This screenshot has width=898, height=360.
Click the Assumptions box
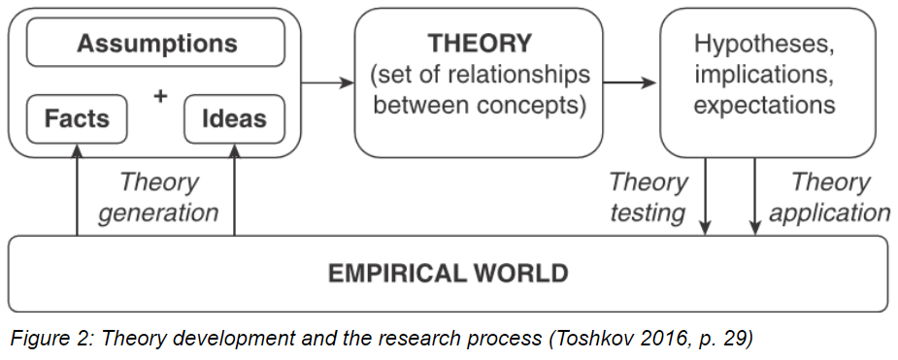click(x=155, y=43)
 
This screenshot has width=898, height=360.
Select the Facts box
click(x=77, y=119)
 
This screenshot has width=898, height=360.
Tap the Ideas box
click(x=234, y=119)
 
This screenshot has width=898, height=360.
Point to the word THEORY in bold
click(x=480, y=44)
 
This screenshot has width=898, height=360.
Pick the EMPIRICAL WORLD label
click(x=448, y=273)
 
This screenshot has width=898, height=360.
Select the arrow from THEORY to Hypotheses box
click(x=630, y=82)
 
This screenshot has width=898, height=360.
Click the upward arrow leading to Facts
click(x=77, y=194)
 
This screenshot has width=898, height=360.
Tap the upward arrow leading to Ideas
click(x=234, y=194)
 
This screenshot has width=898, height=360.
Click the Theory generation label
click(x=157, y=197)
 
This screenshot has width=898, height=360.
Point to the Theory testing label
click(x=649, y=197)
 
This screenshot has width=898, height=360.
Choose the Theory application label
click(x=829, y=197)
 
